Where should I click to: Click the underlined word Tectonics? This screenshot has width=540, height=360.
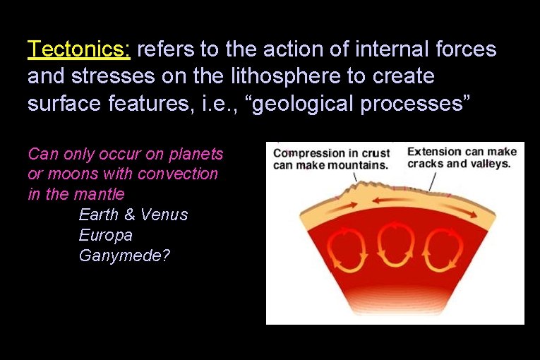(x=78, y=50)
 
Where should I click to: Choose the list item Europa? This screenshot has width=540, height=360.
(x=105, y=235)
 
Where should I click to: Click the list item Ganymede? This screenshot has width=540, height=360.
(x=124, y=256)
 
